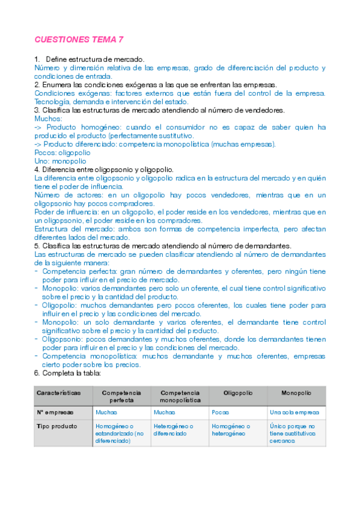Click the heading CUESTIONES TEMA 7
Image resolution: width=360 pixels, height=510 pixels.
[79, 40]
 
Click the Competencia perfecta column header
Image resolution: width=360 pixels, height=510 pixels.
[121, 396]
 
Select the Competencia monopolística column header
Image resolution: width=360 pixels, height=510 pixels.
[180, 396]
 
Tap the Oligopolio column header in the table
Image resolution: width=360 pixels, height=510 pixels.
[237, 392]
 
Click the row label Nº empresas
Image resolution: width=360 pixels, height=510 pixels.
[55, 413]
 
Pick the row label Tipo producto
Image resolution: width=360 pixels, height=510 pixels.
[57, 426]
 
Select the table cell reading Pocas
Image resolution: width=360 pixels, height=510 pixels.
[220, 413]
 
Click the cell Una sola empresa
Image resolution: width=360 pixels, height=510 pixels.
[294, 413]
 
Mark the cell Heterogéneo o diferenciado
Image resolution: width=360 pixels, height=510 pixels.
[173, 429]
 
